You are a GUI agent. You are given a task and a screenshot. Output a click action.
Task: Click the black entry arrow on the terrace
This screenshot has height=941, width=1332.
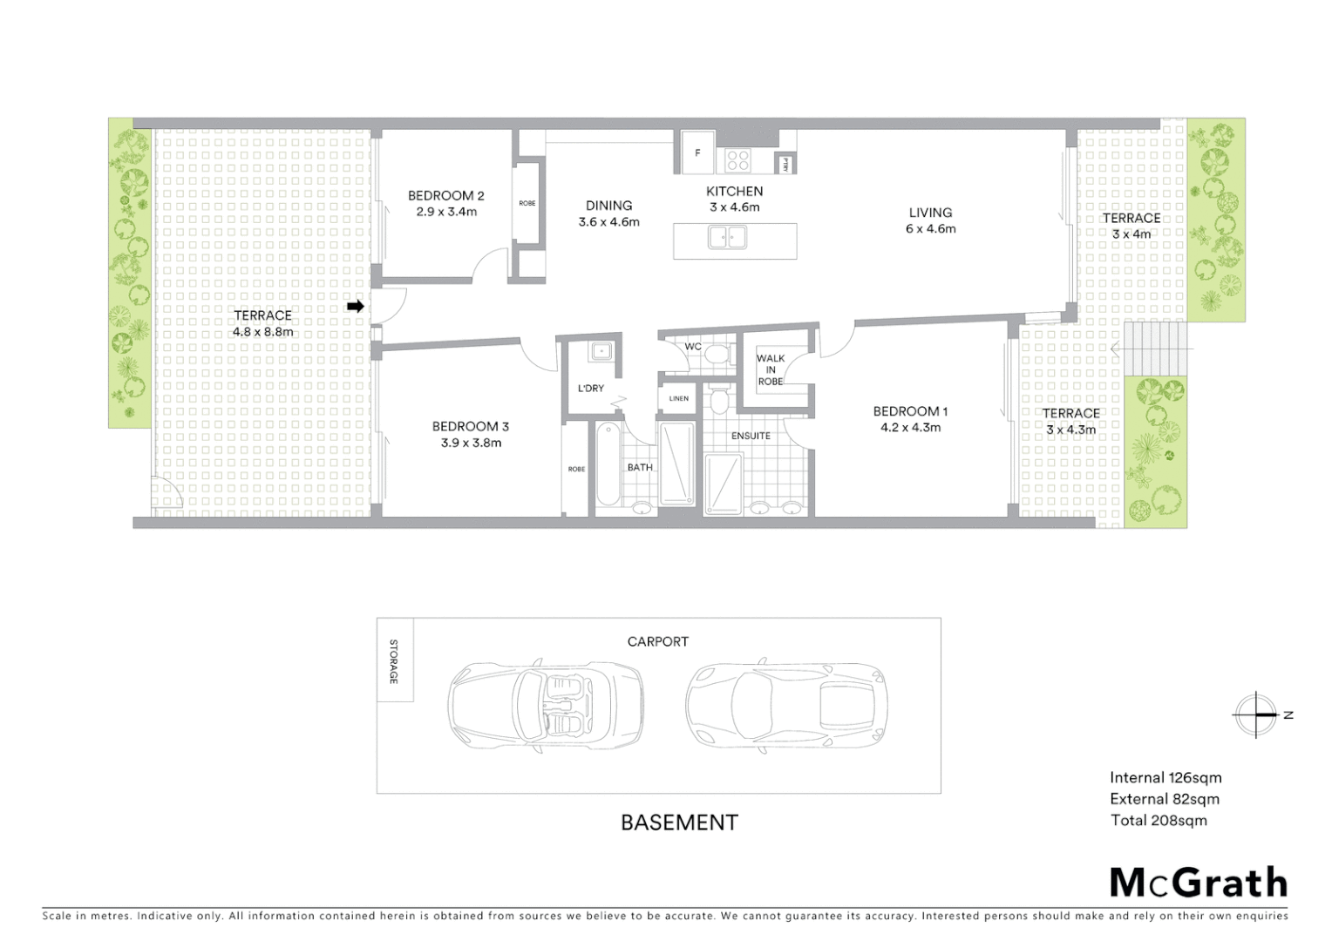point(355,306)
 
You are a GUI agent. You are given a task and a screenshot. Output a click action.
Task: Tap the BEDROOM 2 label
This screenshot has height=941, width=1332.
point(445,196)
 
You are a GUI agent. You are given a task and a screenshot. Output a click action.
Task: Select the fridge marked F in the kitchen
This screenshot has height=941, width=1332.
point(697,152)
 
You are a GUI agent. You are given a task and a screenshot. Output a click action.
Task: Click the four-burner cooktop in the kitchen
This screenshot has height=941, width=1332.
point(738,160)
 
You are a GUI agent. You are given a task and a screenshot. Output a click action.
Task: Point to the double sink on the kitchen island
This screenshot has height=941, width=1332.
point(726,237)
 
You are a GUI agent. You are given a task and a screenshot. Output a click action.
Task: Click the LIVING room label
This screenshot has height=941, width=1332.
point(930,213)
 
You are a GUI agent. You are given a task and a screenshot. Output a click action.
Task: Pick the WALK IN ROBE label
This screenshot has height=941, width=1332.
point(771,369)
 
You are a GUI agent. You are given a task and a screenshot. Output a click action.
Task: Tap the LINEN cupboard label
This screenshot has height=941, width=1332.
point(679,398)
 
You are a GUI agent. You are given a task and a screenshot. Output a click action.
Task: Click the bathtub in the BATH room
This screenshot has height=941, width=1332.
point(608,464)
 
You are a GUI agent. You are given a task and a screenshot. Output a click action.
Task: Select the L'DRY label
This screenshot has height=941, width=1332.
point(590,388)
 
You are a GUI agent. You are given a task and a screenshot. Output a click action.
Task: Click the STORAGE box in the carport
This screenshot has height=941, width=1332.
point(395,660)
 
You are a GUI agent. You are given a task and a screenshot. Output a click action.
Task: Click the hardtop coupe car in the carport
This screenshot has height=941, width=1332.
point(785,702)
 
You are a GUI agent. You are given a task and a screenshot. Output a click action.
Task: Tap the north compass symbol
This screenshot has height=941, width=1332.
point(1256,714)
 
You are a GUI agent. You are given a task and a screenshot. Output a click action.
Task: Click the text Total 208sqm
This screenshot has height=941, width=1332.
point(1159,820)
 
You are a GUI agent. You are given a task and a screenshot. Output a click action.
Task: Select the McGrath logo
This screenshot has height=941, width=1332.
point(1198,883)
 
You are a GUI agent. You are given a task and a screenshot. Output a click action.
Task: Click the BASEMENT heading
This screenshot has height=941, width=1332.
point(679,822)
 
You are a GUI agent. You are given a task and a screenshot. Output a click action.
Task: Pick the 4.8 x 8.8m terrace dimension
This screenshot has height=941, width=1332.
point(262,331)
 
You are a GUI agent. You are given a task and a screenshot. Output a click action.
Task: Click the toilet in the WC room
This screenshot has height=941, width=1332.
point(717,353)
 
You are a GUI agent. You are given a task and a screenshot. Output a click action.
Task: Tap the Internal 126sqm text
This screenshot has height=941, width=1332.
point(1165,778)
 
